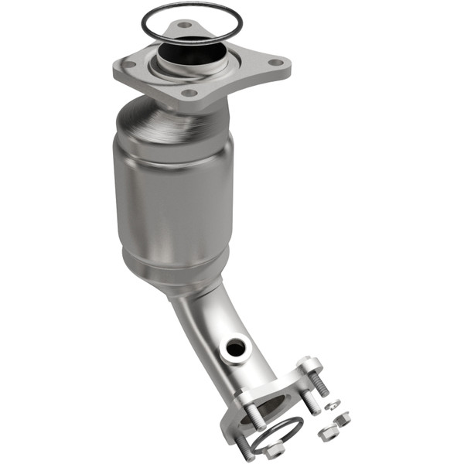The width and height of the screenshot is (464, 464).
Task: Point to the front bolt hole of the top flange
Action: [189, 94]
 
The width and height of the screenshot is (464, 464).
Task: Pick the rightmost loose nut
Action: [341, 418]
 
